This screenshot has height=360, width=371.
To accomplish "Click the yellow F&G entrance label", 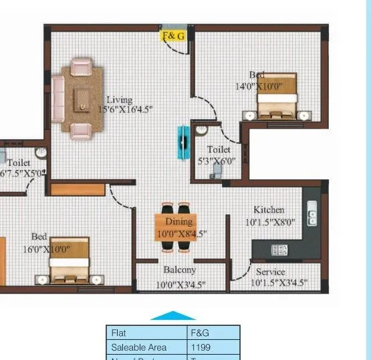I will [174, 35].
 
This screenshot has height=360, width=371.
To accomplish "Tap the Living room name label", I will [119, 99].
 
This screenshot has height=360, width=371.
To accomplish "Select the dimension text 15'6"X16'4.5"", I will [126, 108].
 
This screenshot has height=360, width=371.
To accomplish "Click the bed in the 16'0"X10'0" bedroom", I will [69, 260].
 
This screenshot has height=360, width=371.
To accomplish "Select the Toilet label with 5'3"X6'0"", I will [219, 150].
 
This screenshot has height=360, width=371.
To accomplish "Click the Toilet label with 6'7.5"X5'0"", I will [19, 163].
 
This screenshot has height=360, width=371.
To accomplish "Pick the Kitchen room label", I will [269, 209].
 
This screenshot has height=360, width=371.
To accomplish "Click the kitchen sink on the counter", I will [312, 215].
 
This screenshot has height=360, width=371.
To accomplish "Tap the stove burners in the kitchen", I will [279, 250].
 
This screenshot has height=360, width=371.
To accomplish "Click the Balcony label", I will [180, 270].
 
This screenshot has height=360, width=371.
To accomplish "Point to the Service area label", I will [271, 272].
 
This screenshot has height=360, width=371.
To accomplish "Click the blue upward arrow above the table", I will [172, 315].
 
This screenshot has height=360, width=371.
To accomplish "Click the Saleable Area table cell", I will [147, 347].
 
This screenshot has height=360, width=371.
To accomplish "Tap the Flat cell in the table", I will [147, 333].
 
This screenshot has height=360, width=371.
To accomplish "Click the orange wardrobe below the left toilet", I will [78, 189].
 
